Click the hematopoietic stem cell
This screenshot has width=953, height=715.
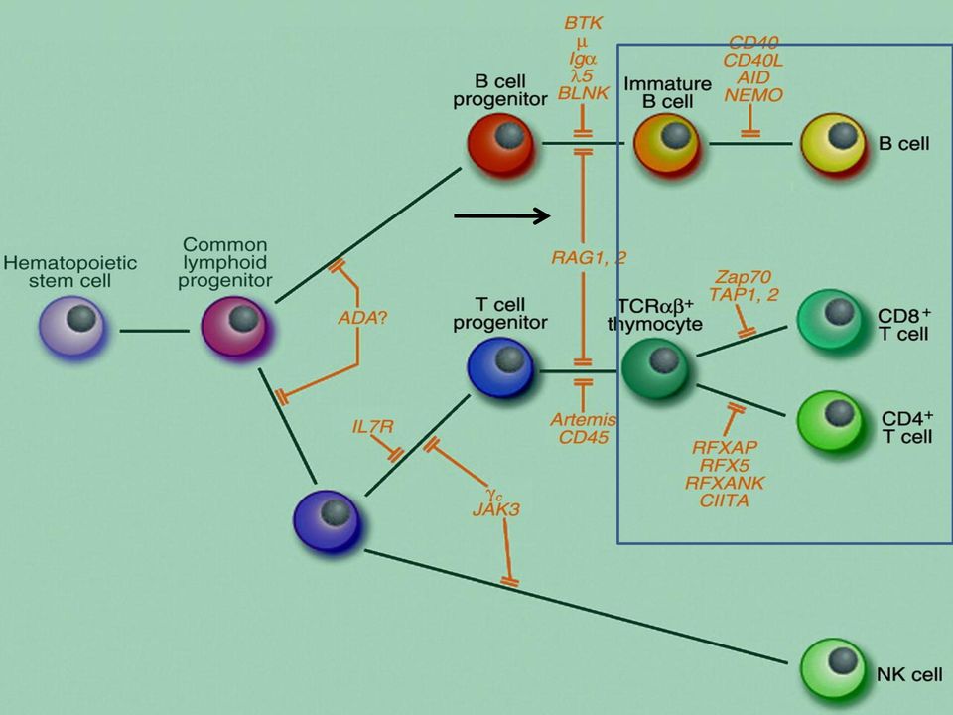tap(72, 328)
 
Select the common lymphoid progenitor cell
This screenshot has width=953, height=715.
tap(236, 329)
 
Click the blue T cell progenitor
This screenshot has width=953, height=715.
tap(501, 368)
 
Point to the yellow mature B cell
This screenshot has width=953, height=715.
tap(834, 145)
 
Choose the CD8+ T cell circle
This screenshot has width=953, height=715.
tap(831, 321)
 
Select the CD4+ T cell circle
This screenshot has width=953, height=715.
tap(831, 422)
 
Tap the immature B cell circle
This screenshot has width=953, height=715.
tap(667, 145)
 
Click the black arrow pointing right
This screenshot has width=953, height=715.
tap(502, 215)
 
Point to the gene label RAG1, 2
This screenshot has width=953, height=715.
tap(589, 258)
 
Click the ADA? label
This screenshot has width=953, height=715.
tap(362, 317)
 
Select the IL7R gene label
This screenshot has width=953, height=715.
tap(372, 426)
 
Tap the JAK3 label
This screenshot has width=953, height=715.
tap(496, 509)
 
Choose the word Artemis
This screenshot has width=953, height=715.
tap(584, 419)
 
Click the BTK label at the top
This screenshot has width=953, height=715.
tap(583, 23)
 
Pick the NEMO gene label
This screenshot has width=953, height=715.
tap(753, 95)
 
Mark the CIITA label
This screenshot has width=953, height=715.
tap(724, 500)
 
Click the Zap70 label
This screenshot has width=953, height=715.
tap(743, 277)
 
